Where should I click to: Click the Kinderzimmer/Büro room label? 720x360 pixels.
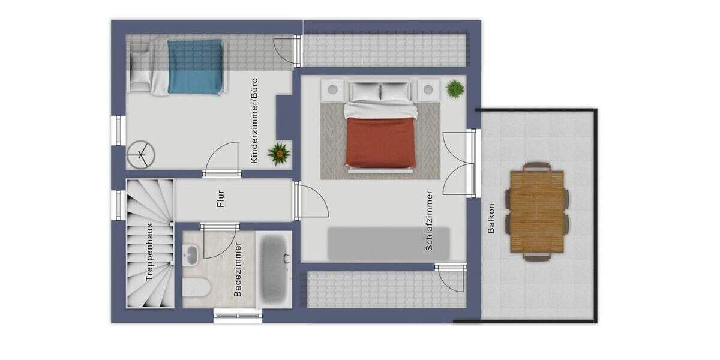254,120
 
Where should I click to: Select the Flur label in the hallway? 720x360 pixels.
221,199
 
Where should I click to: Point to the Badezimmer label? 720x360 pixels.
238,269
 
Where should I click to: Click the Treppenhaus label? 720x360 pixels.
150,253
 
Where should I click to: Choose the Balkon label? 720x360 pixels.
491,219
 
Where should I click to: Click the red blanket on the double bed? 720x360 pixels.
380,143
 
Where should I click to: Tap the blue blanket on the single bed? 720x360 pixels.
195,67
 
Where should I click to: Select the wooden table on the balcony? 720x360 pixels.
537,212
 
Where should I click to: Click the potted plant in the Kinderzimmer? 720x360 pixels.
279,153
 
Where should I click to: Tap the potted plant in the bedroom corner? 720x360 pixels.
455,89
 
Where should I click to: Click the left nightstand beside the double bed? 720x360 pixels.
331,90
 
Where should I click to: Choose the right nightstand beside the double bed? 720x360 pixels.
428,90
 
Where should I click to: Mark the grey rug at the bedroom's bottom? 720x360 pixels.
388,244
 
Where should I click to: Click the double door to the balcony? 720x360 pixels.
458,163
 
